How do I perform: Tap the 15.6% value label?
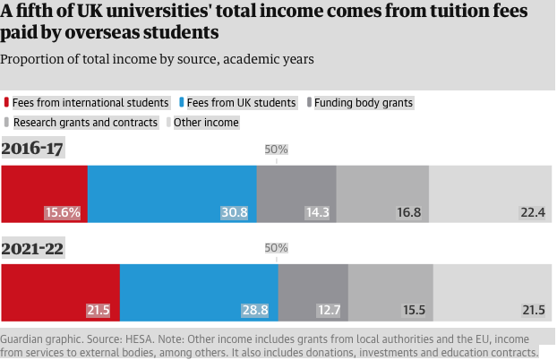pyautogui.click(x=63, y=213)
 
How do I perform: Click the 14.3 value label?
pyautogui.click(x=317, y=213)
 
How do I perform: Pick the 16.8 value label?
pyautogui.click(x=408, y=213)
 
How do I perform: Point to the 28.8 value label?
pyautogui.click(x=255, y=311)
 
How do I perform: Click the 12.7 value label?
pyautogui.click(x=329, y=311)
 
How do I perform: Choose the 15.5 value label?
pyautogui.click(x=414, y=311)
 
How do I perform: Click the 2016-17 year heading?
pyautogui.click(x=32, y=149)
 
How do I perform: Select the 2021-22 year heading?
pyautogui.click(x=32, y=248)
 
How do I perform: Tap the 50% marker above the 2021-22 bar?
pyautogui.click(x=277, y=248)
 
